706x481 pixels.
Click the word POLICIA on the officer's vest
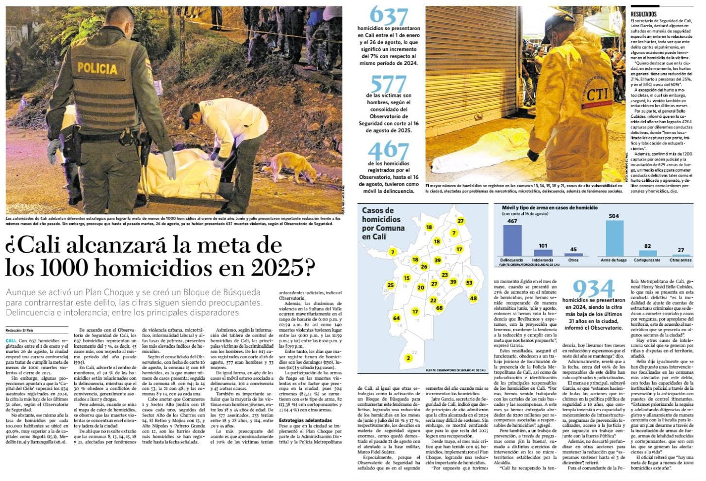[97, 68]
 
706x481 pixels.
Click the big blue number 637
[389, 16]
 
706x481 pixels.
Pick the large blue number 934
[593, 289]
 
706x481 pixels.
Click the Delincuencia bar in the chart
[511, 240]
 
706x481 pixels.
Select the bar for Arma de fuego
[614, 238]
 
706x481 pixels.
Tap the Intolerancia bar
[543, 253]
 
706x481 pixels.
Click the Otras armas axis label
[680, 260]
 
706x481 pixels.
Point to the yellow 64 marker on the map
[396, 318]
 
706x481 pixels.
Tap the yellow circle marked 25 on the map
[391, 285]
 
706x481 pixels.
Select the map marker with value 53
[469, 283]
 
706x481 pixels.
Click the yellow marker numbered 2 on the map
[409, 358]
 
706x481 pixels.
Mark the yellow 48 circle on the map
[473, 298]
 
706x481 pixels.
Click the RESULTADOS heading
[644, 15]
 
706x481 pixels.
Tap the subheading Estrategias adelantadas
[306, 420]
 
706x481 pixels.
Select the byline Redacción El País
[22, 330]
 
